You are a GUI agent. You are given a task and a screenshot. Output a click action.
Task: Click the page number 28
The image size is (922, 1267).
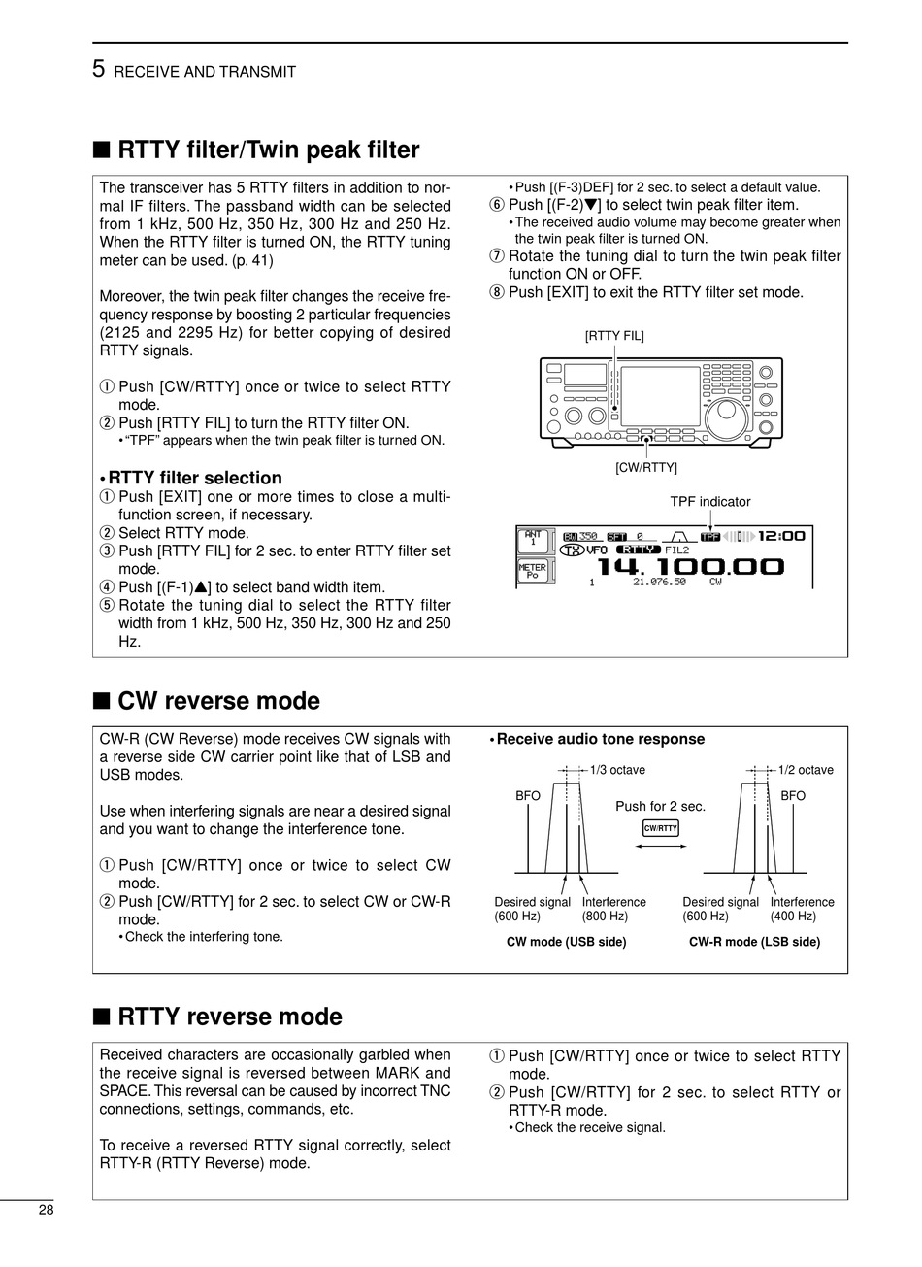click(x=47, y=1210)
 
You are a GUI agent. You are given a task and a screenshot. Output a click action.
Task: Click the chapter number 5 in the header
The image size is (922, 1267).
click(x=99, y=70)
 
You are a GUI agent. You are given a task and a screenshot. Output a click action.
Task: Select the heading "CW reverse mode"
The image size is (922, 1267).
click(x=218, y=700)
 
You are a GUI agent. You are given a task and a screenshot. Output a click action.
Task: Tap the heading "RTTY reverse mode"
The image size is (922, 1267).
click(x=229, y=1017)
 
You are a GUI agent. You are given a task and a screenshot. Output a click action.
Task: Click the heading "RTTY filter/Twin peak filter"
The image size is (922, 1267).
click(x=268, y=150)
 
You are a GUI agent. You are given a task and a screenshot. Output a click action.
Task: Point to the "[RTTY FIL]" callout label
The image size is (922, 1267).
click(x=614, y=336)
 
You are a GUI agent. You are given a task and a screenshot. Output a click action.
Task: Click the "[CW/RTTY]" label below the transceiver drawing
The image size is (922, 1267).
click(x=646, y=467)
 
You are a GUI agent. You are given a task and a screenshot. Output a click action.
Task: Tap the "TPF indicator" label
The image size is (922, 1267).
click(x=710, y=502)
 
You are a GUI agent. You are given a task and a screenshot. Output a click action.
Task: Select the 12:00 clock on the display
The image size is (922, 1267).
click(x=781, y=535)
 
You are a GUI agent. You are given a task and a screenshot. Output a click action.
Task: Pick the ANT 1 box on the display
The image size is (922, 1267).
click(x=533, y=538)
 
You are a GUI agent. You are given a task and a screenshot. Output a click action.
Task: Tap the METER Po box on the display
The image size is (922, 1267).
click(x=533, y=570)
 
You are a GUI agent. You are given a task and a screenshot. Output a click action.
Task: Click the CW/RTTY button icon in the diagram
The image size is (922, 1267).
click(x=661, y=828)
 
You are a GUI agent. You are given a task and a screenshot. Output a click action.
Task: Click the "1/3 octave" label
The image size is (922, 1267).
click(x=617, y=770)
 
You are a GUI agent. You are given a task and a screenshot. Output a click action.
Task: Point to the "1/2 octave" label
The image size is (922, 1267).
click(x=806, y=770)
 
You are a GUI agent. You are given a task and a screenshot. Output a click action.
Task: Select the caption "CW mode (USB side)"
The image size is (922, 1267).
click(x=566, y=942)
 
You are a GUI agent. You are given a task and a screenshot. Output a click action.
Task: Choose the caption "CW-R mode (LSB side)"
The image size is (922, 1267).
click(x=754, y=942)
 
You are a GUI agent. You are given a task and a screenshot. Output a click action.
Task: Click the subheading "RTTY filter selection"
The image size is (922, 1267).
click(x=194, y=478)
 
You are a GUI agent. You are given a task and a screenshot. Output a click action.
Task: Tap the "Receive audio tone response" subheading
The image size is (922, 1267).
click(x=600, y=739)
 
